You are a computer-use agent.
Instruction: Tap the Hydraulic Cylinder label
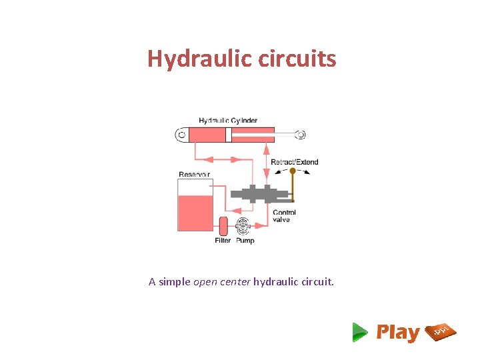[x=228, y=121]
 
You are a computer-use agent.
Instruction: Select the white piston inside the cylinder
[x=228, y=135]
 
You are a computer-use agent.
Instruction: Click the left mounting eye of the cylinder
[x=181, y=135]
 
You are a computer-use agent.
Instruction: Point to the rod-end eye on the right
[x=301, y=135]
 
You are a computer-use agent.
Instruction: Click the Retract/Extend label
[x=294, y=162]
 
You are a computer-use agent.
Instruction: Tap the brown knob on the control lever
[x=292, y=171]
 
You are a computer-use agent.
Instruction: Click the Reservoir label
[x=194, y=175]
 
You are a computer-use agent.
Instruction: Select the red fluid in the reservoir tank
[x=195, y=212]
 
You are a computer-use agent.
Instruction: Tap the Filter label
[x=223, y=241]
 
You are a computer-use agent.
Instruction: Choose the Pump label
[x=245, y=241]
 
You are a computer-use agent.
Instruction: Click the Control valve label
[x=285, y=216]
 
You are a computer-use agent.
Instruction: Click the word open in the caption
[x=205, y=282]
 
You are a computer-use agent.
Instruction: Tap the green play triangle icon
[x=360, y=332]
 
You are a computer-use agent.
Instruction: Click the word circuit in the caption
[x=315, y=282]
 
